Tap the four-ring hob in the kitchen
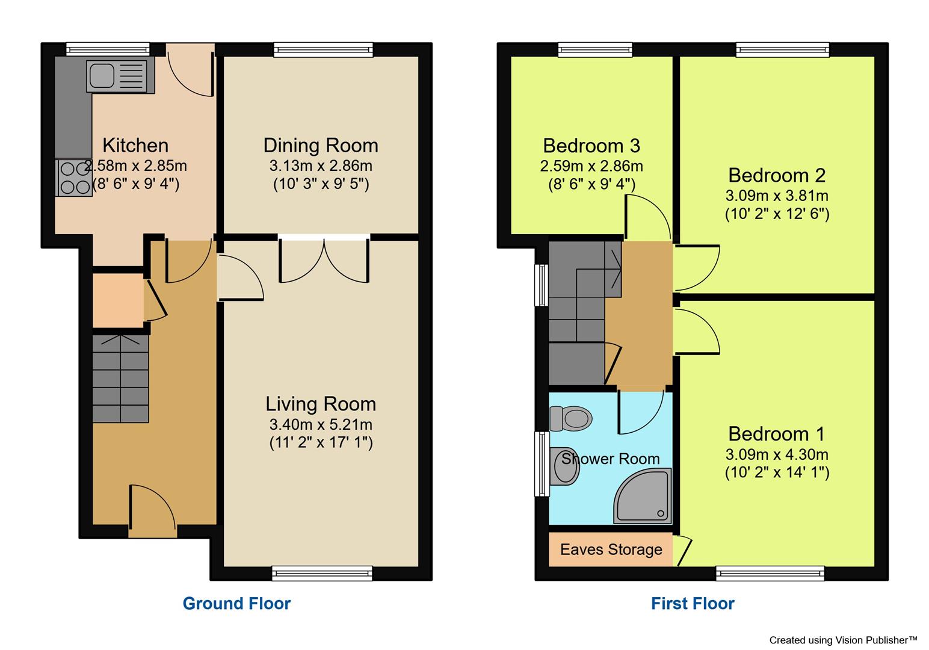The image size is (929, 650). [x=73, y=178]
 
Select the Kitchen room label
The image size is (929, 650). [x=135, y=145]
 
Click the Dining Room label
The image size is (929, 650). [x=321, y=145]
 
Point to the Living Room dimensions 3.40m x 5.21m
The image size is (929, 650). [x=321, y=424]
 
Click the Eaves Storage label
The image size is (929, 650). [x=611, y=549]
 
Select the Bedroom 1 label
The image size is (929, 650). [x=776, y=434]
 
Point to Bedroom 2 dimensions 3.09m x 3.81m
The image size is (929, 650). [x=777, y=196]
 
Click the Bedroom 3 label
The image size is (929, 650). [x=591, y=145]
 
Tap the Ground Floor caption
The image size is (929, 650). [x=236, y=603]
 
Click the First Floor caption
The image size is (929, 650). [x=693, y=603]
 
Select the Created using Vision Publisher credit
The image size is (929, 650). [x=843, y=640]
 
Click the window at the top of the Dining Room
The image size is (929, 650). [x=323, y=49]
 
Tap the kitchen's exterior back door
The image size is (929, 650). [x=190, y=69]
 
